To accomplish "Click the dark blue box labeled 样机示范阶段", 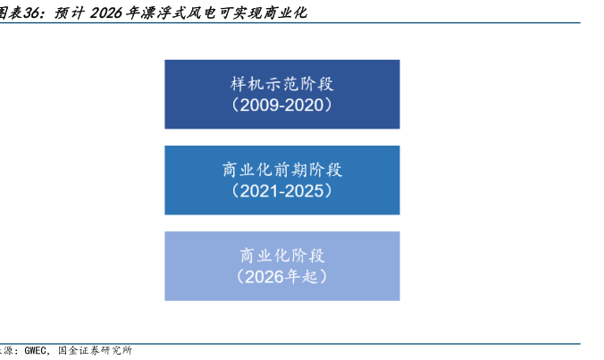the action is click(282, 95).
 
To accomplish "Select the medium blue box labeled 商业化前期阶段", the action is click(282, 180).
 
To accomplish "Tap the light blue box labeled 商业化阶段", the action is click(282, 266).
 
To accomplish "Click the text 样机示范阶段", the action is click(282, 84).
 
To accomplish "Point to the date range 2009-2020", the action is click(282, 105).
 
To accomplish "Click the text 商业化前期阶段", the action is click(282, 170).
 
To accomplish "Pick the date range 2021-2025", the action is click(282, 191).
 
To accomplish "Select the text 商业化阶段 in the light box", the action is click(282, 255).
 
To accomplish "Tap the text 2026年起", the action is click(281, 277).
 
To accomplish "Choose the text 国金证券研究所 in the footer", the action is click(95, 350).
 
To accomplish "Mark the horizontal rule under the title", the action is click(289, 23).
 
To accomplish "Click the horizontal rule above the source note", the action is click(289, 343).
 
